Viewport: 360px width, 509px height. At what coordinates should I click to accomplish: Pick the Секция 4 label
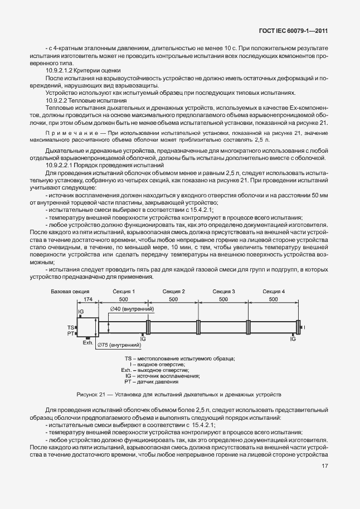point(273,291)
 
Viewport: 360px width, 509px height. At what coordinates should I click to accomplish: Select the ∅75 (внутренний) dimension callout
point(119,346)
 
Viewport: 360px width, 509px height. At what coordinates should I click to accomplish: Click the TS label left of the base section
point(71,327)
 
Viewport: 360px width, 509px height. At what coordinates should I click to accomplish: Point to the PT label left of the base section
point(71,333)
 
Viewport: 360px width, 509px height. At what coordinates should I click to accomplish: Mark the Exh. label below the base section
point(87,343)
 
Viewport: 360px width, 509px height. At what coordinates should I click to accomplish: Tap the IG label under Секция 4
point(293,338)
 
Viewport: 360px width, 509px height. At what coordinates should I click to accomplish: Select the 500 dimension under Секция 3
point(223,299)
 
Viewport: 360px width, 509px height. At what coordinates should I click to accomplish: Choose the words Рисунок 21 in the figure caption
point(90,395)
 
